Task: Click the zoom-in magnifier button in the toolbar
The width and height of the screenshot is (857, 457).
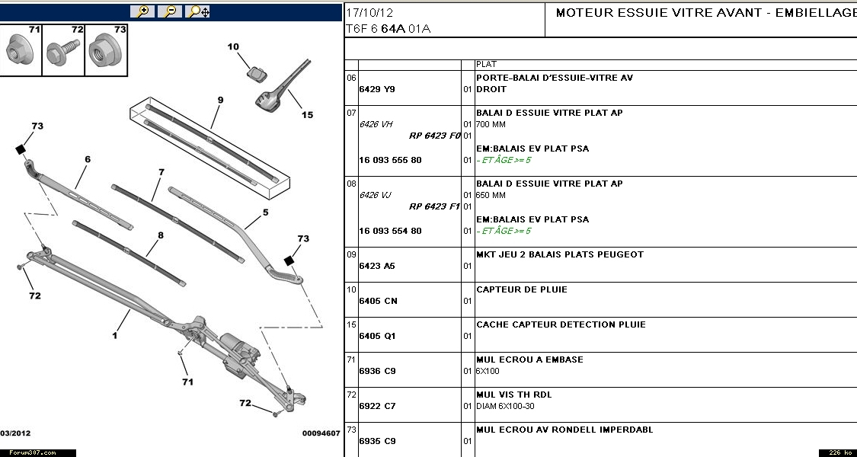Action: (142, 11)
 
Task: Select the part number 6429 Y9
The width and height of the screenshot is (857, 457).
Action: (377, 89)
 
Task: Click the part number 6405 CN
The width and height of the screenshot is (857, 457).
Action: (379, 301)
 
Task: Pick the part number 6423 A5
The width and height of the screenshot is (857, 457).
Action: (377, 266)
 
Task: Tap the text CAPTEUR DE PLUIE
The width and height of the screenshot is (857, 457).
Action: (522, 289)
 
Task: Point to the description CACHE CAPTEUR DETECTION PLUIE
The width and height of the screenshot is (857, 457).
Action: (561, 324)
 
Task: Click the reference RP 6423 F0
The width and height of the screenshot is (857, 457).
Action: (435, 136)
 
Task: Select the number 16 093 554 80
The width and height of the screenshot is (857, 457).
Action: (390, 231)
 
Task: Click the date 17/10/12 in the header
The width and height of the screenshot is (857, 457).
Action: (369, 13)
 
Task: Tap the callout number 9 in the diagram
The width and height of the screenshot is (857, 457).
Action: (220, 100)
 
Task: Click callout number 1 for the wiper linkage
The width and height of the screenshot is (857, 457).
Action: (116, 334)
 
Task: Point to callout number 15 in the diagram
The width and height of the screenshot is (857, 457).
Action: (307, 115)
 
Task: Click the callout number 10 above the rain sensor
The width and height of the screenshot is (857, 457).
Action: (234, 47)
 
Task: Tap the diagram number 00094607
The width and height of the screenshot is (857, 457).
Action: (321, 433)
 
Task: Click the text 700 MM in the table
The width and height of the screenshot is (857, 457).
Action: (491, 124)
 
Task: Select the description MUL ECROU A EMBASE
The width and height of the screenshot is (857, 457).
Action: (529, 360)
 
